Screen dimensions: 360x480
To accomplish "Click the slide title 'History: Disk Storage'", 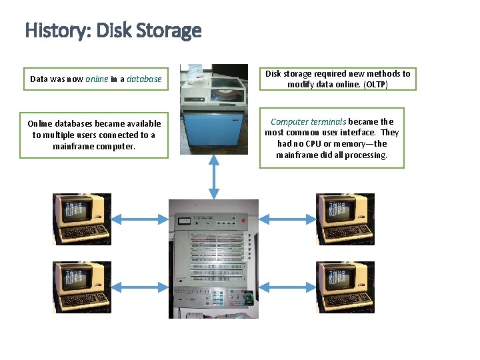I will tap(113, 31).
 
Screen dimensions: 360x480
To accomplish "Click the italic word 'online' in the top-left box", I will tap(97, 79).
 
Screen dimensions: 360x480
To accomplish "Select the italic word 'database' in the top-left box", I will tap(144, 79).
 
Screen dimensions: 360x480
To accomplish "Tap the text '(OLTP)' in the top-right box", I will tap(376, 85).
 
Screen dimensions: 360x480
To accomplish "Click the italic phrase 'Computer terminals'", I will tap(308, 121).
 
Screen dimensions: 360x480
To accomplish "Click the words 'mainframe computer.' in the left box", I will tap(94, 146).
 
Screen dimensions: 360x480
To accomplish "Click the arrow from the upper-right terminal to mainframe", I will tap(287, 219).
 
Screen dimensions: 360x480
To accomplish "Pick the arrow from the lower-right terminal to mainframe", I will tap(287, 287).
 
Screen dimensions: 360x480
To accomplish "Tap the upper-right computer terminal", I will tap(345, 219).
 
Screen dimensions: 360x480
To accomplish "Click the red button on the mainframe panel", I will tap(245, 221).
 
